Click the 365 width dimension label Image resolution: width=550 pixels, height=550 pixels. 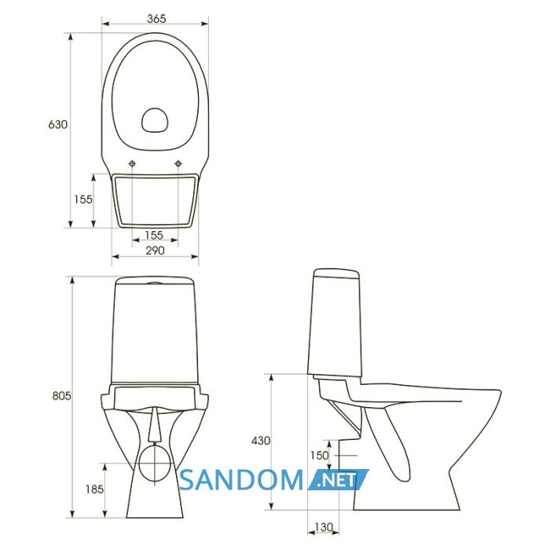coord(156,19)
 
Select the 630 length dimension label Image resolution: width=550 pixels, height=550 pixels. coord(58,124)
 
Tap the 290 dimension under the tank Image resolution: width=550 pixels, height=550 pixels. coord(155,251)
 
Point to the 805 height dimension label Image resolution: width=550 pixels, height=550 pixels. coord(61,396)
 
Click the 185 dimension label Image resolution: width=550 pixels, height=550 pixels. coord(95,489)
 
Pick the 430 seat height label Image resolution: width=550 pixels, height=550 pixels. coord(261,441)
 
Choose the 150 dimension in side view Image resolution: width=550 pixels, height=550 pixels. coord(320,456)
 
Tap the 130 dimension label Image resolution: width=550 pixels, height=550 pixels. coord(324,527)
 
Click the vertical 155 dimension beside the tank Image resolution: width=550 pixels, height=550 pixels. coord(83,200)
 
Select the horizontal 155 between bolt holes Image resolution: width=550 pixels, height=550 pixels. coord(154,235)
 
